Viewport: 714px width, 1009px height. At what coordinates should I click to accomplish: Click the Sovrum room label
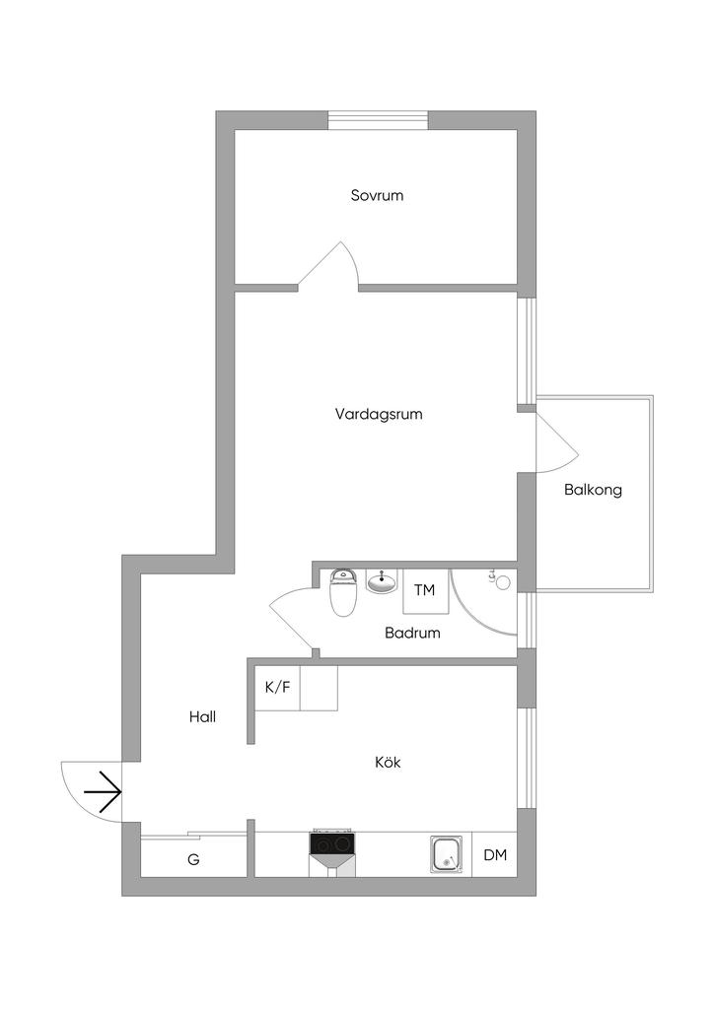point(377,195)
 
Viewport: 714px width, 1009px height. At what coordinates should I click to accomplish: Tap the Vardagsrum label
point(379,414)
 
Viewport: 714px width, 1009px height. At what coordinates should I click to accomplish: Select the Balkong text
point(593,489)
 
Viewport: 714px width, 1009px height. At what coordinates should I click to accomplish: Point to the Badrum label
point(412,633)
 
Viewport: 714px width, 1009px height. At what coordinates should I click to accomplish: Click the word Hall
point(202,716)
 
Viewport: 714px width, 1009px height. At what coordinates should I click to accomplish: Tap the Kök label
point(388,762)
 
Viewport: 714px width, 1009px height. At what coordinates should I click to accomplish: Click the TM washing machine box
point(424,591)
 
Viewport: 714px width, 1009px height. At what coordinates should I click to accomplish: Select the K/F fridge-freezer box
point(277,687)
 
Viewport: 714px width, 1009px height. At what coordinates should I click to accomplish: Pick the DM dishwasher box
point(495,854)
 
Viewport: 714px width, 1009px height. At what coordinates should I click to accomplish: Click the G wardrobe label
point(193,859)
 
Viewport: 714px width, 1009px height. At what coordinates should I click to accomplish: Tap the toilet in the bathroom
point(342,593)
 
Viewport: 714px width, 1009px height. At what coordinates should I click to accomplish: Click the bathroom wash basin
point(381,581)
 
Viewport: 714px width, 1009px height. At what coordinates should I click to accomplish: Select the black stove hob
point(332,843)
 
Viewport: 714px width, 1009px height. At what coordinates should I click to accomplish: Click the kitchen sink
point(447,854)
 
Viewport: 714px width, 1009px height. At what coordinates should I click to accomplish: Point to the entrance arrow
point(104,791)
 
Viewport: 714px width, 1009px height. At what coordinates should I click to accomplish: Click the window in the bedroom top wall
point(378,120)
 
